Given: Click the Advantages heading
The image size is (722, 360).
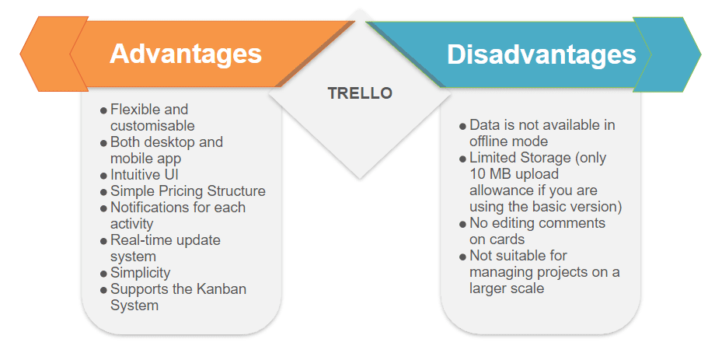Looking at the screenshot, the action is point(186,54).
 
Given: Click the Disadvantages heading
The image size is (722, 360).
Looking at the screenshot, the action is point(542,55).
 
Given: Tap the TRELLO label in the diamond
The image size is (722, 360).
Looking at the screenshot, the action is point(360,93).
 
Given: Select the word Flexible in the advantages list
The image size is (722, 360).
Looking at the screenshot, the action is point(136,110).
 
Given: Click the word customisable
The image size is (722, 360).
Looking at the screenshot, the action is point(152,126).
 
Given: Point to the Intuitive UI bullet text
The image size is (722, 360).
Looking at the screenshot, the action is point(145,175).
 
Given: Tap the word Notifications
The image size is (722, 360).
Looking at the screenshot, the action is point(147,208).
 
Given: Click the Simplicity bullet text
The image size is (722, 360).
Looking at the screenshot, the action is point(141,273).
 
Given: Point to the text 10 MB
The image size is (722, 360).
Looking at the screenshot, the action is point(490,174).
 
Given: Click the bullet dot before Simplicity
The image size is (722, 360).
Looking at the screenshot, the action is point(103,274).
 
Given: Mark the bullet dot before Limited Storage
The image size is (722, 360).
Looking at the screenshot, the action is point(462,159).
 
